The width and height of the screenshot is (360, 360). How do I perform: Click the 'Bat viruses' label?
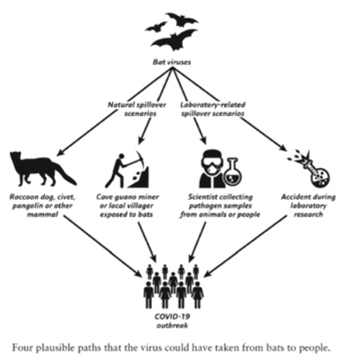click(x=172, y=62)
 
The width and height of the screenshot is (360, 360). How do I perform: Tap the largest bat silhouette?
click(x=174, y=41)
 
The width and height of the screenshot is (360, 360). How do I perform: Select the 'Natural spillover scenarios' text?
click(x=137, y=109)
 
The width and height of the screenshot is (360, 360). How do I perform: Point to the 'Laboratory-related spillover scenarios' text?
click(x=213, y=109)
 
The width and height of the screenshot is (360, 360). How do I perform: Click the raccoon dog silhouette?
click(x=40, y=168)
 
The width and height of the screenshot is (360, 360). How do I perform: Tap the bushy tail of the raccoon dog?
click(x=66, y=174)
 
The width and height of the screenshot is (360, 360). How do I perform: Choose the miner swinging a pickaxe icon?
click(x=126, y=170)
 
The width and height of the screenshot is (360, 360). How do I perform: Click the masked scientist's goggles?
click(x=212, y=162)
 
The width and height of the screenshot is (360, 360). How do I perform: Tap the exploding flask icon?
click(x=313, y=169)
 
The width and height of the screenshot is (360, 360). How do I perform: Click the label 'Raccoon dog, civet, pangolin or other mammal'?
click(x=42, y=206)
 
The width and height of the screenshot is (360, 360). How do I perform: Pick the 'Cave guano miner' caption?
click(x=127, y=197)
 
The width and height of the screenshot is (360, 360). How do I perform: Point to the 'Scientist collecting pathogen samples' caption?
click(x=220, y=202)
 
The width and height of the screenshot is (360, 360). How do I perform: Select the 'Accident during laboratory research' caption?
click(x=308, y=206)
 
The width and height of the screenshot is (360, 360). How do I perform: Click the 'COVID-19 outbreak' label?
click(x=172, y=321)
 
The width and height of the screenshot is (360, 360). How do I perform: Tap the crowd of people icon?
click(x=174, y=286)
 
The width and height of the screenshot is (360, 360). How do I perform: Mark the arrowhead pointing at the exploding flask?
click(x=282, y=148)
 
